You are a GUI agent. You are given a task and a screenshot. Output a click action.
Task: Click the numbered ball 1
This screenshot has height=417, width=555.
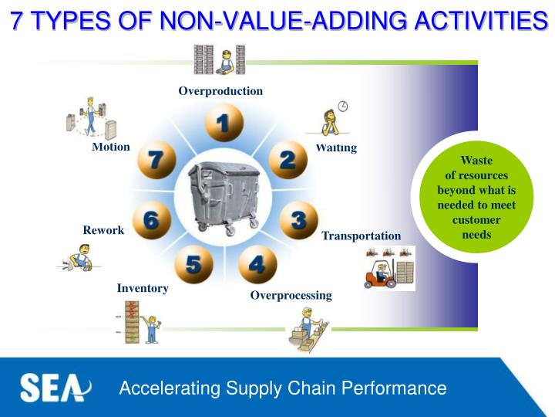tap(224, 123)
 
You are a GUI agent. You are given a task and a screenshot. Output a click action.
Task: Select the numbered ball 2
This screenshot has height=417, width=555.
tap(288, 160)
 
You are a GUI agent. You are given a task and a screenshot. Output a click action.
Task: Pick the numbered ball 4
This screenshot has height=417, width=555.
tap(257, 265)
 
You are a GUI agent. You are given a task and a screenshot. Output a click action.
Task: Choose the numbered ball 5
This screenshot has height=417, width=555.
tap(193, 265)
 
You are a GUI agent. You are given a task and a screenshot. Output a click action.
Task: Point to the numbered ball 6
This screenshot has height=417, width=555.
tap(151, 220)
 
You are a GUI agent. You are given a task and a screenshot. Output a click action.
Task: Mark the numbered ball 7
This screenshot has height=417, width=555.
tap(156, 160)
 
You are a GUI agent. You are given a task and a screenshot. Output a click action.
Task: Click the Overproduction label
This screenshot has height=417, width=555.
tap(220, 91)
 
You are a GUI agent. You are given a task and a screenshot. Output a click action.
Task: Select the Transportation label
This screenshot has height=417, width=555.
tap(361, 236)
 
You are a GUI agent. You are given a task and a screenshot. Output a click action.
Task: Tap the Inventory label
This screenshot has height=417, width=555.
tap(143, 288)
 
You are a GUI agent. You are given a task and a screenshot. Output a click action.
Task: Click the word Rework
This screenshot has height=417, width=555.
tap(103, 230)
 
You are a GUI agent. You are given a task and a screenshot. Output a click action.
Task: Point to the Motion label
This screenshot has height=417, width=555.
tap(111, 147)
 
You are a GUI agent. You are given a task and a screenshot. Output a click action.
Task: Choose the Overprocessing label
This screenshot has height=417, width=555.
tap(291, 295)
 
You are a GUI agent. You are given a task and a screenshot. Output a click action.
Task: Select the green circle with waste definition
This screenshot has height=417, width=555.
tap(476, 197)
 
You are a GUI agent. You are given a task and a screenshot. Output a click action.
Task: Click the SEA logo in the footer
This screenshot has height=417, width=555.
tap(55, 388)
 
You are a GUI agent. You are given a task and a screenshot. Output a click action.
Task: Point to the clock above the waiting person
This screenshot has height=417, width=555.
tap(342, 106)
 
